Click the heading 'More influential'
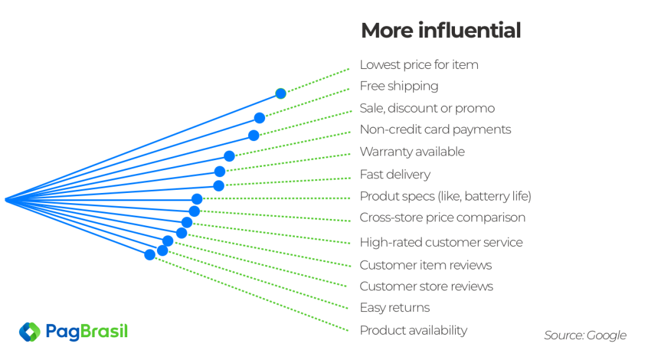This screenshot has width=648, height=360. [x=440, y=30]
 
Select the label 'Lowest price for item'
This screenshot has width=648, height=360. [x=419, y=65]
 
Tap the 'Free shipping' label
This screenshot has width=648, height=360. [x=399, y=87]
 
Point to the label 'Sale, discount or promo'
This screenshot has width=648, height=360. [x=427, y=108]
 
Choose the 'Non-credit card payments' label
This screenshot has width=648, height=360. [x=435, y=130]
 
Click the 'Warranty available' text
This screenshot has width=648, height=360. [x=412, y=152]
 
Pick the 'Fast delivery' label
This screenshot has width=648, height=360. [x=395, y=175]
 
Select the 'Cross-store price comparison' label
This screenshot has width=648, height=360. [x=442, y=218]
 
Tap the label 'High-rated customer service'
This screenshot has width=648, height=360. [x=441, y=242]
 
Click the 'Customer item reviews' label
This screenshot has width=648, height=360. [x=426, y=265]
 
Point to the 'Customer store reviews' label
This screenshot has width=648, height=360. [x=427, y=287]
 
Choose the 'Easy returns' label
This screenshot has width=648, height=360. [x=395, y=308]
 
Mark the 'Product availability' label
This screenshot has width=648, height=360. [x=413, y=330]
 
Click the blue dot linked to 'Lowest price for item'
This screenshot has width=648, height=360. [x=280, y=94]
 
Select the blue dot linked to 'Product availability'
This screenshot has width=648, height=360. [x=149, y=254]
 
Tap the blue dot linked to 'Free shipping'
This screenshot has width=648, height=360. [x=259, y=118]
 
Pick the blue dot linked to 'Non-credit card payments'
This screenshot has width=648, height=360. [x=229, y=156]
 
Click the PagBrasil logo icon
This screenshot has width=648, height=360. [x=30, y=332]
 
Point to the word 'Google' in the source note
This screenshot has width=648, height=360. [x=606, y=335]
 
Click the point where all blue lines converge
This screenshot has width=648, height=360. [x=6, y=200]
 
